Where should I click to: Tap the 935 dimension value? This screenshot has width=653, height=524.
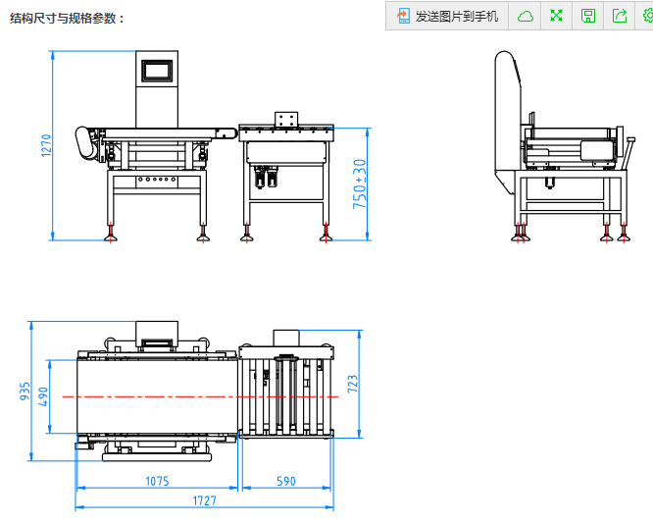tap(25, 391)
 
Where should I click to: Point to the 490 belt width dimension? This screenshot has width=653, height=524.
tap(43, 396)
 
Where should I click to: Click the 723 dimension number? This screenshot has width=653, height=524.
tap(353, 384)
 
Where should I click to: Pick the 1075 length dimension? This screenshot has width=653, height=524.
tap(157, 481)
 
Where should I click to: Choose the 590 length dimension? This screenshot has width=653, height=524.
tap(285, 481)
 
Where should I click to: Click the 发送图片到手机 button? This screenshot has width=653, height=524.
tap(446, 16)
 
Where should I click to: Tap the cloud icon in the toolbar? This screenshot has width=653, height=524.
tap(526, 16)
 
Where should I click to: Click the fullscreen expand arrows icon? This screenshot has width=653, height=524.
tap(557, 16)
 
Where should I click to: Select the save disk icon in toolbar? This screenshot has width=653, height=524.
tap(588, 16)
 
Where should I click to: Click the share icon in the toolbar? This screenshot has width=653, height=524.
tap(620, 16)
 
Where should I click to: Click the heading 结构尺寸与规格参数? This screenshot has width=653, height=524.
tap(68, 18)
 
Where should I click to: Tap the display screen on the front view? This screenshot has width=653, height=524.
tap(157, 71)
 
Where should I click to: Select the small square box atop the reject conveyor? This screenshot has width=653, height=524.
tap(286, 119)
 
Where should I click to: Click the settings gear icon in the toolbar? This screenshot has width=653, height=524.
tap(646, 16)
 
